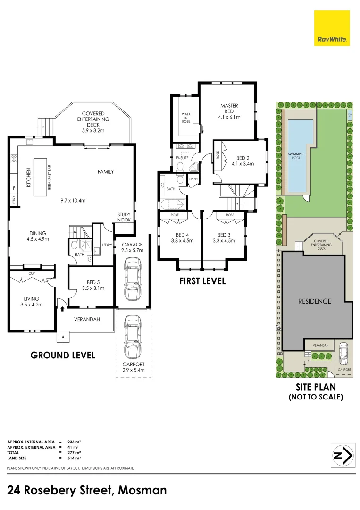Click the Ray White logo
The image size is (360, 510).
333,28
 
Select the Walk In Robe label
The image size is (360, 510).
186,118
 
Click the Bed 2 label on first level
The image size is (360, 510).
243,160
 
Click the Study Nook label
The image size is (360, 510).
124,217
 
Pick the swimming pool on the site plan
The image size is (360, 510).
299,156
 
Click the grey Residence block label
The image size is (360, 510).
314,301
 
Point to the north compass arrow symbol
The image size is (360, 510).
343,455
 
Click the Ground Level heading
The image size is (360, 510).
63,355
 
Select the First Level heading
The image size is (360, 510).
202,281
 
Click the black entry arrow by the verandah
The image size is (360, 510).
62,309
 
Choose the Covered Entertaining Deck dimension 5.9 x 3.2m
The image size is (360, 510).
93,130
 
